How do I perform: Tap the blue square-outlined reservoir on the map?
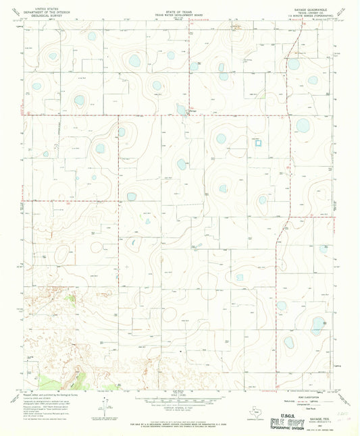pos(257,142)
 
